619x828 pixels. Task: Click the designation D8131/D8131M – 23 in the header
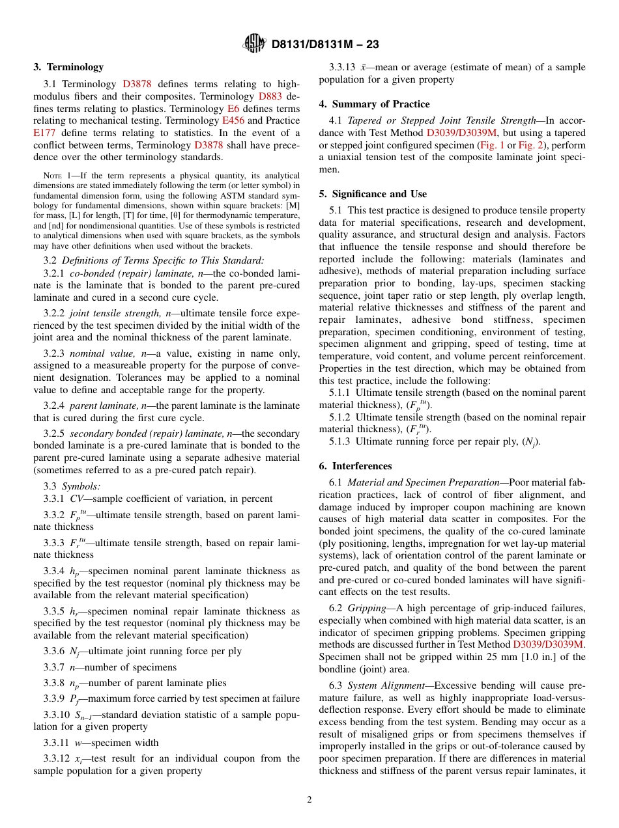pos(324,44)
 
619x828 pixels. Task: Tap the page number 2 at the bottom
pos(309,800)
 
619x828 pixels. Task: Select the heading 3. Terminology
pos(68,67)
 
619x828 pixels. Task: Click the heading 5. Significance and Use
pos(373,194)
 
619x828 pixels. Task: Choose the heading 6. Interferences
pos(355,466)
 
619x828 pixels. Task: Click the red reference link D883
pos(270,96)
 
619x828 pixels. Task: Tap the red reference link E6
pos(233,109)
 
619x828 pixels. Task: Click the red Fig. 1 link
pos(492,145)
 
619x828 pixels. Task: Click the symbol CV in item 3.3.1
pos(76,499)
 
